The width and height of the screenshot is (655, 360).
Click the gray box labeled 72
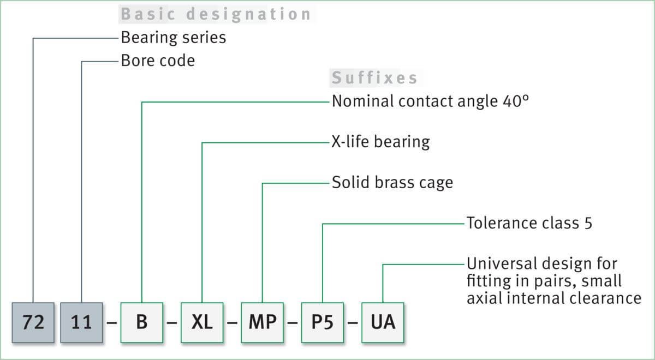[33, 322]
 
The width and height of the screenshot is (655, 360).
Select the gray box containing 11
[81, 322]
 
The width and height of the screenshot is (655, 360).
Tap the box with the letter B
[142, 322]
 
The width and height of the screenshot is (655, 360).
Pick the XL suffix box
[202, 322]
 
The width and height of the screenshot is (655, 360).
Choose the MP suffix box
[263, 322]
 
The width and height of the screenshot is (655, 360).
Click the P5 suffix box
[323, 322]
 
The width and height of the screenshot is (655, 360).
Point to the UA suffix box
[383, 322]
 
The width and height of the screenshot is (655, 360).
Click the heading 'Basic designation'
[216, 14]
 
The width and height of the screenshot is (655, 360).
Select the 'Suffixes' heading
[374, 78]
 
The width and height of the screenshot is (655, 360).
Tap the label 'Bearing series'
[173, 38]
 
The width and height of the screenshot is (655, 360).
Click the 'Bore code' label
[158, 61]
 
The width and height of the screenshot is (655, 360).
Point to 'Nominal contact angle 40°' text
[430, 101]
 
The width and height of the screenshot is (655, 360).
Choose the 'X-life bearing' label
[380, 142]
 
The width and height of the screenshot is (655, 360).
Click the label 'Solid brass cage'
[392, 182]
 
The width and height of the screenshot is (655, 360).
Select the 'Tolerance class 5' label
[529, 223]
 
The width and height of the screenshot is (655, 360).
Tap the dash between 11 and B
[112, 322]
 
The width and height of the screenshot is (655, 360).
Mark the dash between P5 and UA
[353, 322]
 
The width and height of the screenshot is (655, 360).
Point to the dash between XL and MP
[232, 322]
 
